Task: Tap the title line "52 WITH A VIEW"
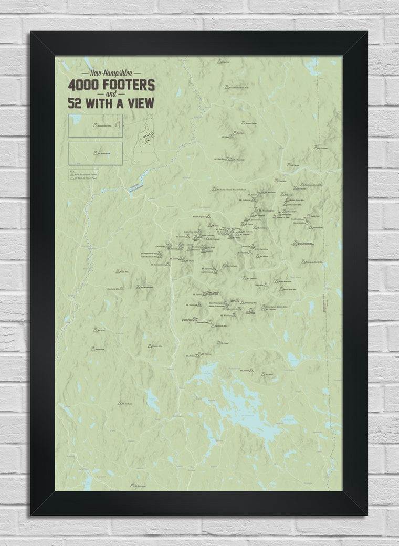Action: click(x=110, y=103)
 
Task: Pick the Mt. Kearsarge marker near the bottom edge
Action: click(x=132, y=486)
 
